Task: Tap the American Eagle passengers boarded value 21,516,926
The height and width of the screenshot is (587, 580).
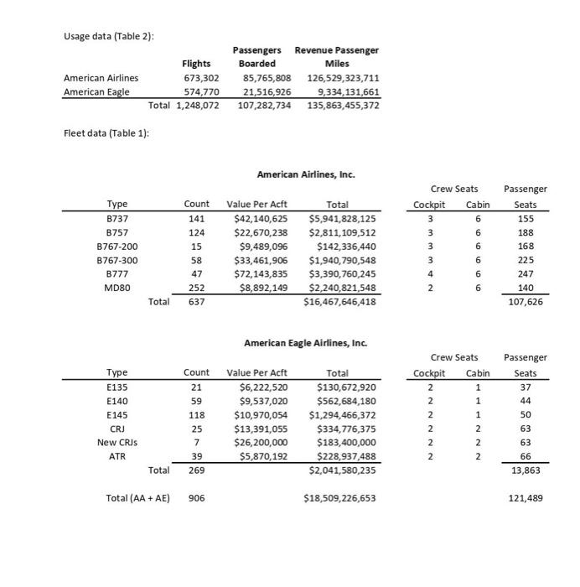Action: [265, 92]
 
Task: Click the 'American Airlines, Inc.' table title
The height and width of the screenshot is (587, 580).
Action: [305, 174]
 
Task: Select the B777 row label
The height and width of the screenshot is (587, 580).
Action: [117, 273]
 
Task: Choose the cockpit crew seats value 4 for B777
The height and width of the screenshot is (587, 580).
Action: [429, 273]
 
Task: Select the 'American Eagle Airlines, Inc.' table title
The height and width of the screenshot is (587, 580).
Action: [305, 343]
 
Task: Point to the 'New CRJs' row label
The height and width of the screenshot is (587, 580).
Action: [117, 442]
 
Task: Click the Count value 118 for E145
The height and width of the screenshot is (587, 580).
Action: [197, 414]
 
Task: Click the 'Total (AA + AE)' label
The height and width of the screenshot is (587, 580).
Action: [137, 498]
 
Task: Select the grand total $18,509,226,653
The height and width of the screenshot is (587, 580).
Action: [339, 498]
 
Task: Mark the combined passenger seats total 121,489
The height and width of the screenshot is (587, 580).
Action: [526, 498]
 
